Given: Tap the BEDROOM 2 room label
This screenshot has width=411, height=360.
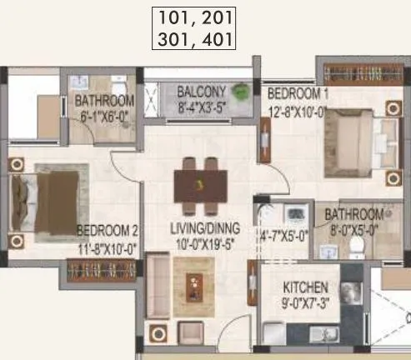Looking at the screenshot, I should (x=107, y=230).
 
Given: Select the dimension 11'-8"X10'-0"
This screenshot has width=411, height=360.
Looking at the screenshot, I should (x=107, y=246).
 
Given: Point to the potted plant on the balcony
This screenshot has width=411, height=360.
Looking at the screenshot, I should (x=243, y=91).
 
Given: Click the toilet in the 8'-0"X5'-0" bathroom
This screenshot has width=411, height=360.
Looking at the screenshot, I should (x=357, y=247).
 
